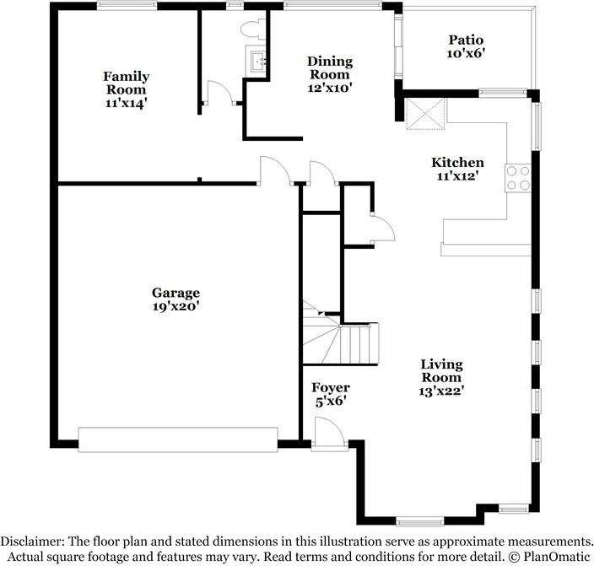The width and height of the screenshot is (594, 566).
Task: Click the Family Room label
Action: [127, 83]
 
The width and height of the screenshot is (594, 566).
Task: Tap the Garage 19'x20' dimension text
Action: [175, 306]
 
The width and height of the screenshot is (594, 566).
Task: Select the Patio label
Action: [466, 40]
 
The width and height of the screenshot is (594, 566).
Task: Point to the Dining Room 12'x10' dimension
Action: [330, 88]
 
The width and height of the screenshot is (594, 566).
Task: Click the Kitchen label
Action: [457, 163]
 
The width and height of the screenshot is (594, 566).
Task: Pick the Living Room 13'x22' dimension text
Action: [442, 391]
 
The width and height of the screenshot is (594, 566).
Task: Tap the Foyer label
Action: [331, 387]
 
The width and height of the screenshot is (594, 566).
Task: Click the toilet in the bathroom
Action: [253, 30]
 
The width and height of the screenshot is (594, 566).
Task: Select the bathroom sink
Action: [257, 59]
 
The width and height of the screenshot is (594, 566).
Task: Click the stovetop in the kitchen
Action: [518, 178]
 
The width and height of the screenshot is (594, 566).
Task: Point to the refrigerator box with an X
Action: [425, 114]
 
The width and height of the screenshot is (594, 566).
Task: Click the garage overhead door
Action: [178, 439]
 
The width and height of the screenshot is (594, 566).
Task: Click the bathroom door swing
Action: [219, 92]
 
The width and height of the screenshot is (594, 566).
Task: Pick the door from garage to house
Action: [275, 170]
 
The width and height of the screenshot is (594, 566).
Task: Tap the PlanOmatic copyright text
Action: [549, 557]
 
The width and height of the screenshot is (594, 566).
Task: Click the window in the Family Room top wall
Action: [127, 5]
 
